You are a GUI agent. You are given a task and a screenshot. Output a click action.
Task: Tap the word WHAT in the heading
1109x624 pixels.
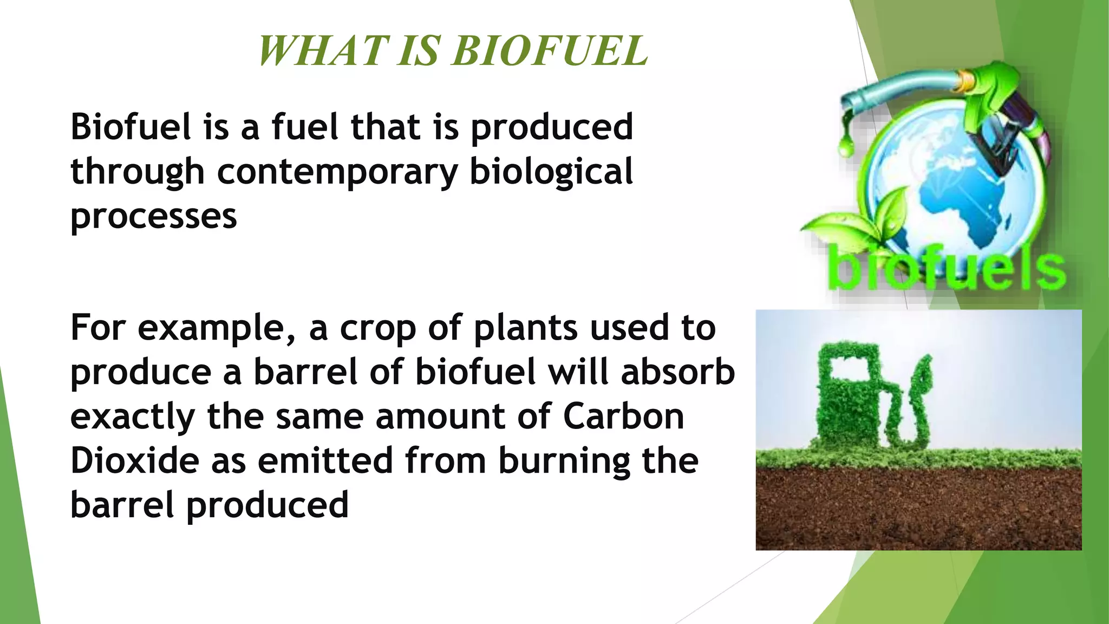pyautogui.click(x=324, y=51)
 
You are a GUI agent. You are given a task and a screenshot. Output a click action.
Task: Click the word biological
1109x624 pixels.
pyautogui.click(x=551, y=172)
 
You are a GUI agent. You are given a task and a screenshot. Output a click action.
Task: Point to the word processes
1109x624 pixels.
pyautogui.click(x=154, y=217)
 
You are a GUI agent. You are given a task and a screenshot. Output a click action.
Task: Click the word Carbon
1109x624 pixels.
pyautogui.click(x=623, y=417)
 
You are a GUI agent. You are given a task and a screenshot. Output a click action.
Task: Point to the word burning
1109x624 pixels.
pyautogui.click(x=564, y=462)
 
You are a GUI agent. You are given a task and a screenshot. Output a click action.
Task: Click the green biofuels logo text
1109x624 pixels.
pyautogui.click(x=947, y=270)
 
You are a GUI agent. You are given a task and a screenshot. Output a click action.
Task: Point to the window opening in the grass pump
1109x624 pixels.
pyautogui.click(x=850, y=368)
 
